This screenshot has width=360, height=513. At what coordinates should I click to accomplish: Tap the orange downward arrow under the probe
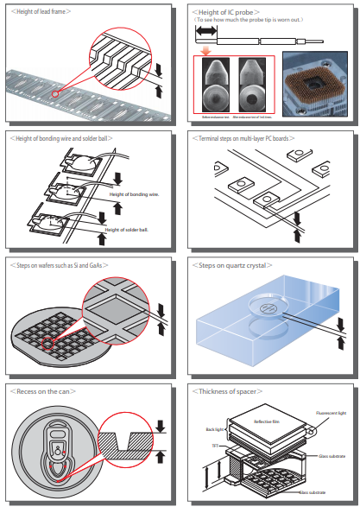tap(206, 50)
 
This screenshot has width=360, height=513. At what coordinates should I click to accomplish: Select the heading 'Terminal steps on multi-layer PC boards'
tap(247, 138)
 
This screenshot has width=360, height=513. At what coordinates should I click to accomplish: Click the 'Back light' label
tap(214, 428)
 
